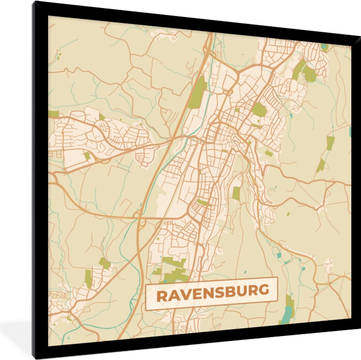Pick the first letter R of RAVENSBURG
(x=162, y=296)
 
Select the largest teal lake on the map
(x=287, y=313)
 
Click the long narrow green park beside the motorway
(x=197, y=93)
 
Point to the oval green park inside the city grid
(x=259, y=109)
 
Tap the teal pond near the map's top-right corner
(x=324, y=46)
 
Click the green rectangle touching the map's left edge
(x=54, y=114)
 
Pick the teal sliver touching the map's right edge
(x=350, y=132)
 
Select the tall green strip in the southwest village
(x=88, y=279)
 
